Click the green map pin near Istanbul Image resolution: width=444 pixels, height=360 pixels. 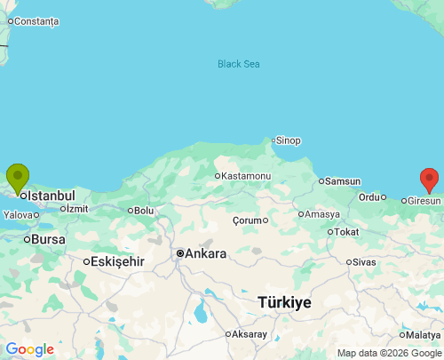point(17,178)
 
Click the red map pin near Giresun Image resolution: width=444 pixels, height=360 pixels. point(430,180)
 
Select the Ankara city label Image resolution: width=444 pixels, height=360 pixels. point(205,253)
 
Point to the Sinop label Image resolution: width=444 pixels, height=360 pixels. point(289,140)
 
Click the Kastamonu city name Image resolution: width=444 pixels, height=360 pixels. point(246,176)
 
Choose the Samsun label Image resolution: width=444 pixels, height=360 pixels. point(343,181)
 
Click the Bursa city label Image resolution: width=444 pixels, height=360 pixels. point(48,239)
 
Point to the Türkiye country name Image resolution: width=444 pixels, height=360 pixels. point(284,302)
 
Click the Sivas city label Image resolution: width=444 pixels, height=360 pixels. point(364,262)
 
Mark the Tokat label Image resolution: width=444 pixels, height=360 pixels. point(345,233)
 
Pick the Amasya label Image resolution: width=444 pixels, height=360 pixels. point(322,214)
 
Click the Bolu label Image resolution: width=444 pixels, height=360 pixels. point(144,211)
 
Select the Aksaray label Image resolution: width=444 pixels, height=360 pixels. point(250,334)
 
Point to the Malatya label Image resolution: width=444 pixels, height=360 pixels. point(423,334)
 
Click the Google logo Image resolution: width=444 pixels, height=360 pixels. point(29,349)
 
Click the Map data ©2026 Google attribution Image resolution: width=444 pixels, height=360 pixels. point(389,353)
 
